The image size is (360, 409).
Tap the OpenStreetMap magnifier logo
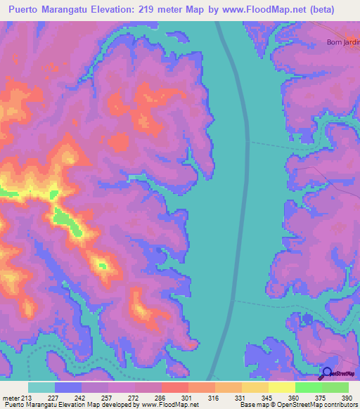click(x=326, y=374)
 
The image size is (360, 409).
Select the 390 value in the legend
click(x=346, y=397)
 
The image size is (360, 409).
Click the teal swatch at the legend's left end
click(x=41, y=387)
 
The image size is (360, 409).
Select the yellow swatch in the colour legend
click(x=281, y=387)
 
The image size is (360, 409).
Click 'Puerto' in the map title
click(x=27, y=9)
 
